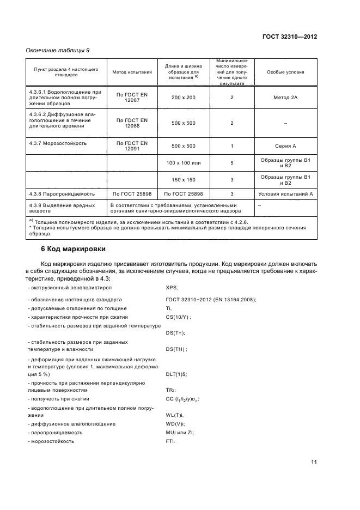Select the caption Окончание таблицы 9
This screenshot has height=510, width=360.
(x=58, y=50)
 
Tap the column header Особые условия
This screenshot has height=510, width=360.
(x=285, y=72)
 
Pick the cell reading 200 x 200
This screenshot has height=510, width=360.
(x=183, y=97)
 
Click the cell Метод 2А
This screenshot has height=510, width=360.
(x=285, y=97)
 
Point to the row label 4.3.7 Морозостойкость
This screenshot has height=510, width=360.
(x=58, y=144)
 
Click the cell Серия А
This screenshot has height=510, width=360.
(x=285, y=146)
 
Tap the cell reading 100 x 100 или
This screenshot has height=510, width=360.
(x=183, y=162)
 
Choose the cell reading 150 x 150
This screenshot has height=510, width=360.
(x=183, y=179)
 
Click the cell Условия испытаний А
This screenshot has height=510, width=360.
(x=285, y=193)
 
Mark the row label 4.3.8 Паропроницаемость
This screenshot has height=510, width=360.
(x=63, y=193)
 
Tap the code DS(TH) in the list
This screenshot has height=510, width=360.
(x=176, y=349)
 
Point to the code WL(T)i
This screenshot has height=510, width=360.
(x=175, y=415)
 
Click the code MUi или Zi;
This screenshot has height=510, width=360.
(x=180, y=432)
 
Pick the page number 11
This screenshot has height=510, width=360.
(x=314, y=463)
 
